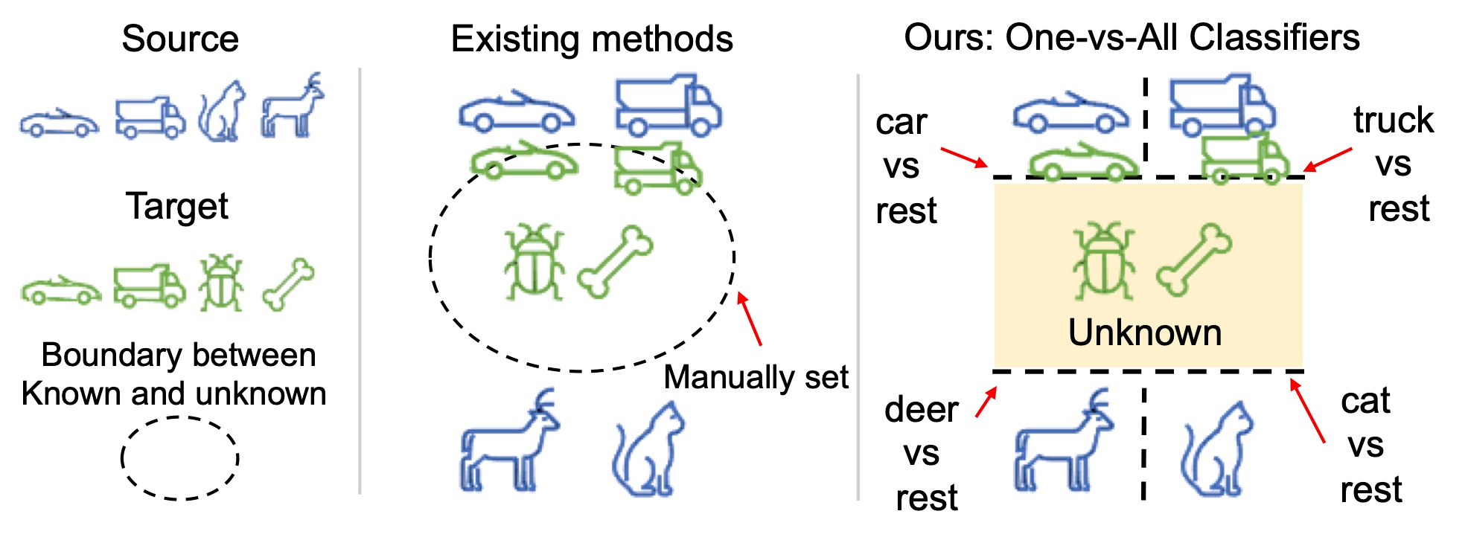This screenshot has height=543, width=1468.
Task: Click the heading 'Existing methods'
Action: (x=592, y=39)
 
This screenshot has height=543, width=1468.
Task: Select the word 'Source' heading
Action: (x=180, y=39)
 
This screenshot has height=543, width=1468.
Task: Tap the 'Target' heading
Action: (x=177, y=206)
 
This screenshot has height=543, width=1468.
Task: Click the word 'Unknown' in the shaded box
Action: (x=1145, y=332)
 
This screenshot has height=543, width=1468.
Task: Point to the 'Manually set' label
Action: (x=756, y=377)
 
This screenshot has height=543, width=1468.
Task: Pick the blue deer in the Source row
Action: (x=293, y=108)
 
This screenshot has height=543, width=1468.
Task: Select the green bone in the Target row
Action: (x=288, y=284)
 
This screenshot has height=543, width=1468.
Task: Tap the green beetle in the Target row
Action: (x=220, y=283)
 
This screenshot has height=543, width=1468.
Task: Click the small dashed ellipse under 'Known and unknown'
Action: (x=179, y=457)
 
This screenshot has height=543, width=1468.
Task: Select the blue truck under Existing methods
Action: (x=667, y=106)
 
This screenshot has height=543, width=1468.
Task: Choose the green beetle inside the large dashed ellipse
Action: (x=533, y=260)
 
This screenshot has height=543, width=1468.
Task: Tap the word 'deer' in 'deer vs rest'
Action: (x=921, y=410)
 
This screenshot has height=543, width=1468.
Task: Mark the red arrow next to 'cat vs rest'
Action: (x=1307, y=411)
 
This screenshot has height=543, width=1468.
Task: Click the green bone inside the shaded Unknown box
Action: (x=1193, y=260)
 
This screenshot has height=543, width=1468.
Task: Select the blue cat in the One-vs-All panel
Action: (x=1216, y=450)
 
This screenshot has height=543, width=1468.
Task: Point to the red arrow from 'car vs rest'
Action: (x=964, y=158)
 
